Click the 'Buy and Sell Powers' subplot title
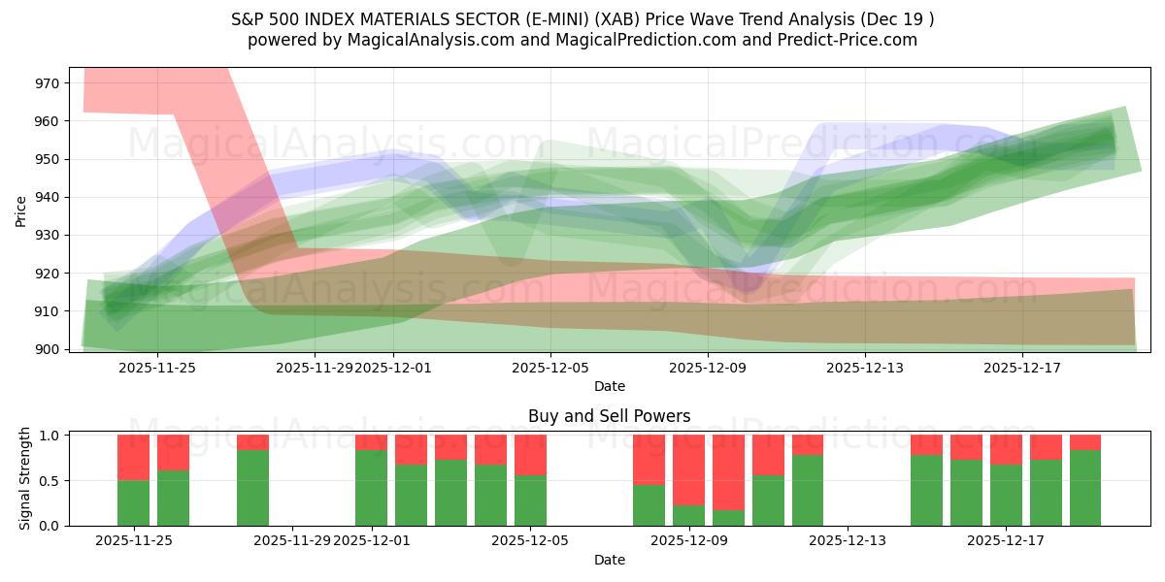tap(609, 416)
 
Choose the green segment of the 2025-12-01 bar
tap(371, 488)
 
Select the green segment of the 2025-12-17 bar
tap(1006, 495)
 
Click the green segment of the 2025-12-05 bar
tap(530, 501)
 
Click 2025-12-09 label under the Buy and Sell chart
tap(689, 541)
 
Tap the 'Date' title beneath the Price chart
tap(609, 386)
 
